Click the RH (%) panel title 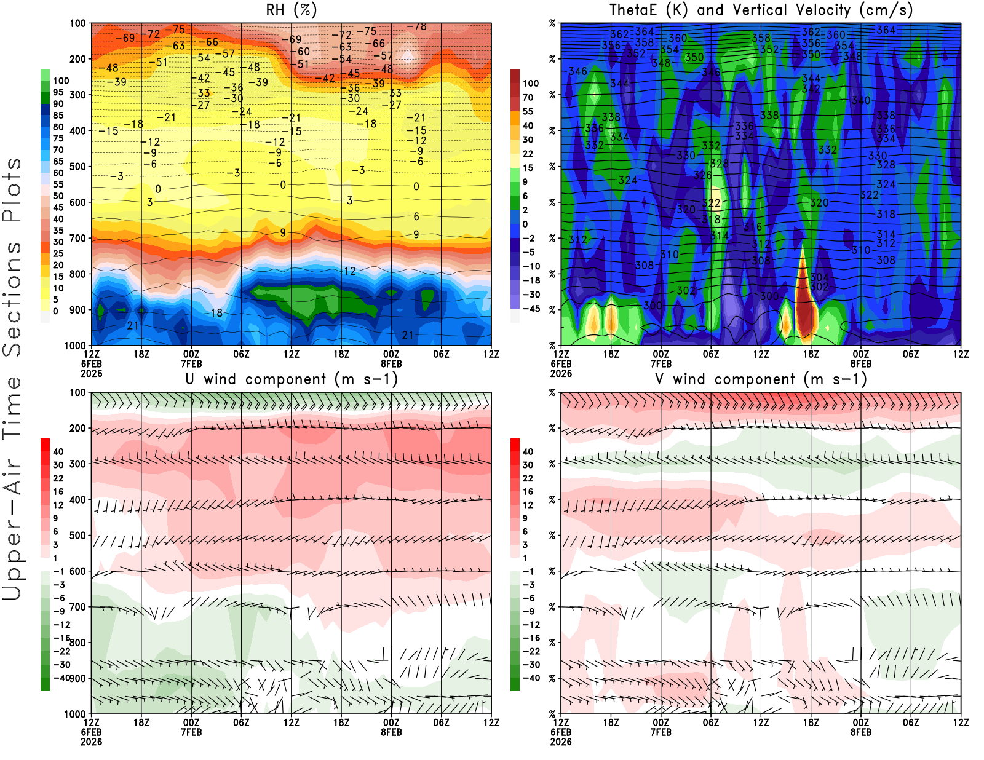pyautogui.click(x=292, y=10)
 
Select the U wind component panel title pyautogui.click(x=292, y=379)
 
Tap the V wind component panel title pyautogui.click(x=761, y=379)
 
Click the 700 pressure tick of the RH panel pyautogui.click(x=78, y=238)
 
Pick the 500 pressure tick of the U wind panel pyautogui.click(x=78, y=536)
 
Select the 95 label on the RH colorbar pyautogui.click(x=58, y=92)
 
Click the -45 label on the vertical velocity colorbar pyautogui.click(x=531, y=309)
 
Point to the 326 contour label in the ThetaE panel pyautogui.click(x=703, y=175)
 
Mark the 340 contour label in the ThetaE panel pyautogui.click(x=860, y=100)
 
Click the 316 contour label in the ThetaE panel pyautogui.click(x=753, y=227)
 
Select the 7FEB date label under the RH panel pyautogui.click(x=191, y=363)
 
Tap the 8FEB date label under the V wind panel pyautogui.click(x=861, y=732)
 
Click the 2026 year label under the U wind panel pyautogui.click(x=91, y=742)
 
